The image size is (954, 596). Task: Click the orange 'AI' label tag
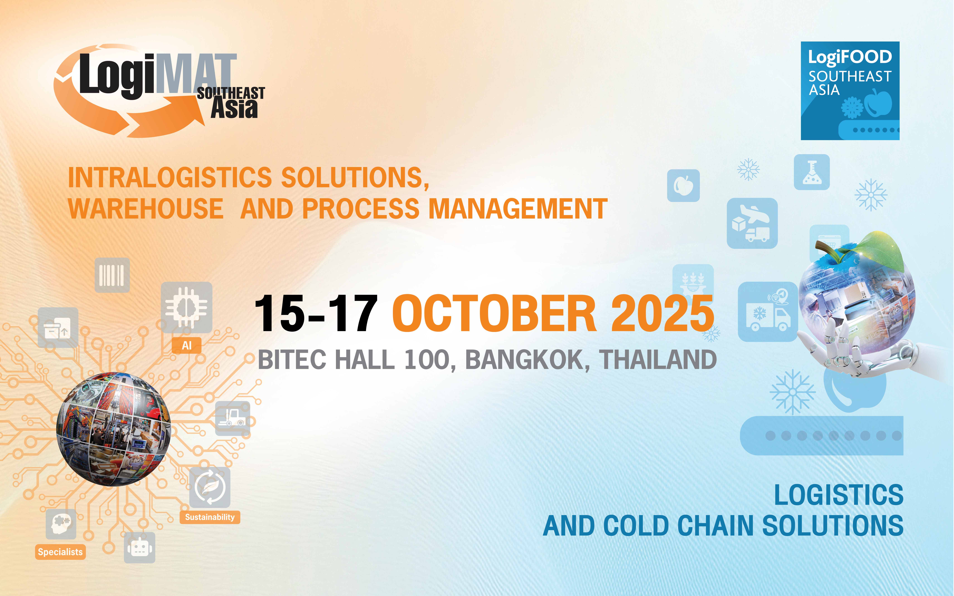tap(187, 345)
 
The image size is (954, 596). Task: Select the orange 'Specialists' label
tap(60, 552)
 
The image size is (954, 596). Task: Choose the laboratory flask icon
tap(812, 172)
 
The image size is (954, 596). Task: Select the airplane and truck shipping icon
tap(752, 223)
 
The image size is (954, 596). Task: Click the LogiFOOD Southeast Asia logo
tap(850, 91)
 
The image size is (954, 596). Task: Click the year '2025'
tap(662, 313)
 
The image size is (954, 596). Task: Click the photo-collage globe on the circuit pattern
tap(114, 429)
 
